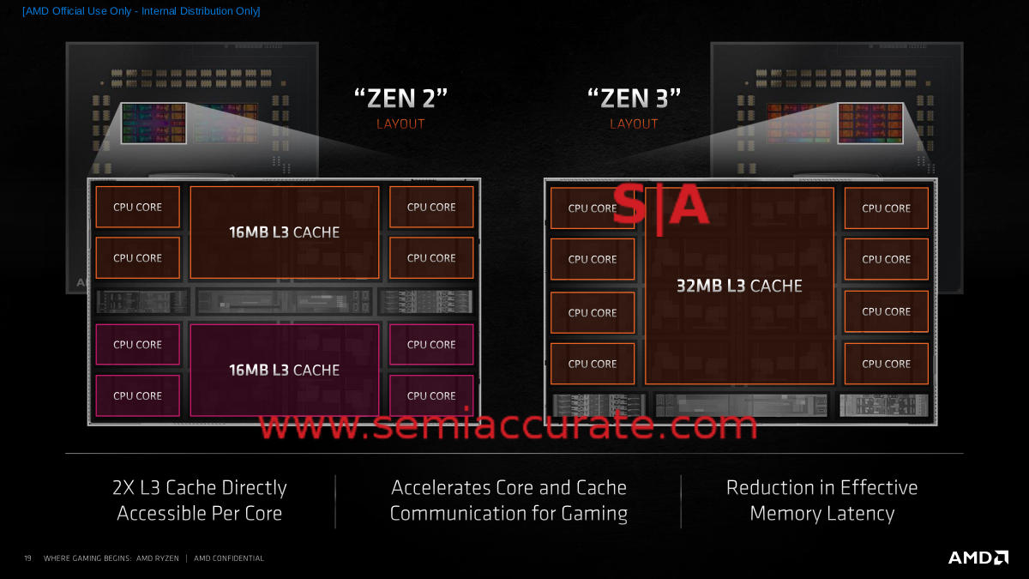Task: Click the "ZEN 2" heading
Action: pyautogui.click(x=400, y=99)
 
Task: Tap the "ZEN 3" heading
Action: pyautogui.click(x=634, y=99)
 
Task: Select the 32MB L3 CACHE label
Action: pyautogui.click(x=739, y=286)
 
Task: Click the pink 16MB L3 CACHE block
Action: pyautogui.click(x=285, y=370)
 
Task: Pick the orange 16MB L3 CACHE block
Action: pyautogui.click(x=285, y=232)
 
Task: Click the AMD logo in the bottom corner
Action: pyautogui.click(x=978, y=558)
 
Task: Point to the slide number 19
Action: pyautogui.click(x=28, y=558)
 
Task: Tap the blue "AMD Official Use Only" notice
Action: pyautogui.click(x=141, y=11)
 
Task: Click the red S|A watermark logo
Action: pyautogui.click(x=660, y=208)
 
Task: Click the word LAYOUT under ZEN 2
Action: pyautogui.click(x=400, y=124)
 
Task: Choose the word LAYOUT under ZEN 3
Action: pyautogui.click(x=634, y=124)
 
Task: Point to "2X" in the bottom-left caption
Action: pyautogui.click(x=123, y=488)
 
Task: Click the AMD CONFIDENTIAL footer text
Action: pyautogui.click(x=229, y=558)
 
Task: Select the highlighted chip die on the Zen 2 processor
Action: pyautogui.click(x=153, y=124)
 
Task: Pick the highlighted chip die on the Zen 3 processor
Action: pyautogui.click(x=870, y=124)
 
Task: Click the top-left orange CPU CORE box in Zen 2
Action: pyautogui.click(x=137, y=207)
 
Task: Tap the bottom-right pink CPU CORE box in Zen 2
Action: pyautogui.click(x=431, y=395)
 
